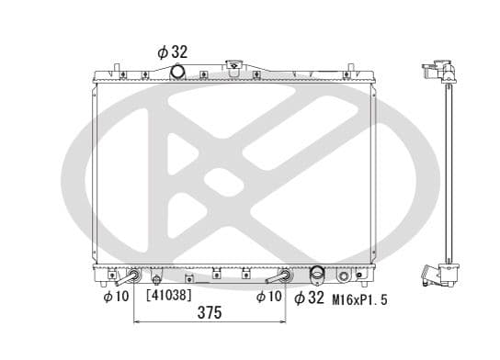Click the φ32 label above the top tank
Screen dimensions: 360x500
pos(173,51)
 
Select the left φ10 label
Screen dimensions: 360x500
pos(115,296)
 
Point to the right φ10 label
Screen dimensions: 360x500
pos(267,296)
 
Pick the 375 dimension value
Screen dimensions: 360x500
pos(210,313)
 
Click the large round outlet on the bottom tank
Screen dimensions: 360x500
pos(318,275)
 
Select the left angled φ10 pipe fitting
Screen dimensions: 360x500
pos(132,276)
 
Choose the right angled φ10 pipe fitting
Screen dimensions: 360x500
pos(280,276)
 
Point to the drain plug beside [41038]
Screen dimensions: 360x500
pos(157,279)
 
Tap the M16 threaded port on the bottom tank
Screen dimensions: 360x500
pos(345,276)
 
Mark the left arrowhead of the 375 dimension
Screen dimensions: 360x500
pos(138,322)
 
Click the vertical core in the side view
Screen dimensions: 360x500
pos(448,174)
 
